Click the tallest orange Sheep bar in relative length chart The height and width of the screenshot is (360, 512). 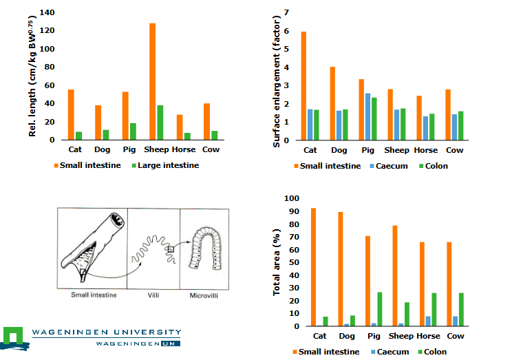click(152, 81)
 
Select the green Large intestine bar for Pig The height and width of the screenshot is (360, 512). click(133, 131)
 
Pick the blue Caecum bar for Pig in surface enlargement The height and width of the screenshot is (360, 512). click(367, 116)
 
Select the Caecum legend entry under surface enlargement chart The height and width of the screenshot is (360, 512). click(392, 166)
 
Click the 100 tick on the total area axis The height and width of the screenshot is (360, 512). click(294, 199)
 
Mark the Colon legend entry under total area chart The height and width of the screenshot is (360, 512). click(434, 352)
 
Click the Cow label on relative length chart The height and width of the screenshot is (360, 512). click(211, 149)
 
